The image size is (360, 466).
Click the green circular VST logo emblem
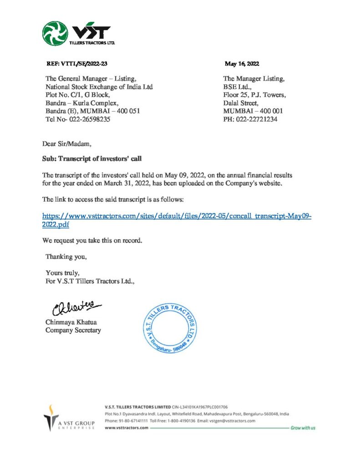pos(55,33)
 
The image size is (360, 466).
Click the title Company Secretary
pos(73,330)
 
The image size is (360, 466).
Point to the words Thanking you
pos(66,257)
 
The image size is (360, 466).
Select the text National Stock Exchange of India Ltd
pos(99,87)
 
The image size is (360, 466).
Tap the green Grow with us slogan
pos(303,428)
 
